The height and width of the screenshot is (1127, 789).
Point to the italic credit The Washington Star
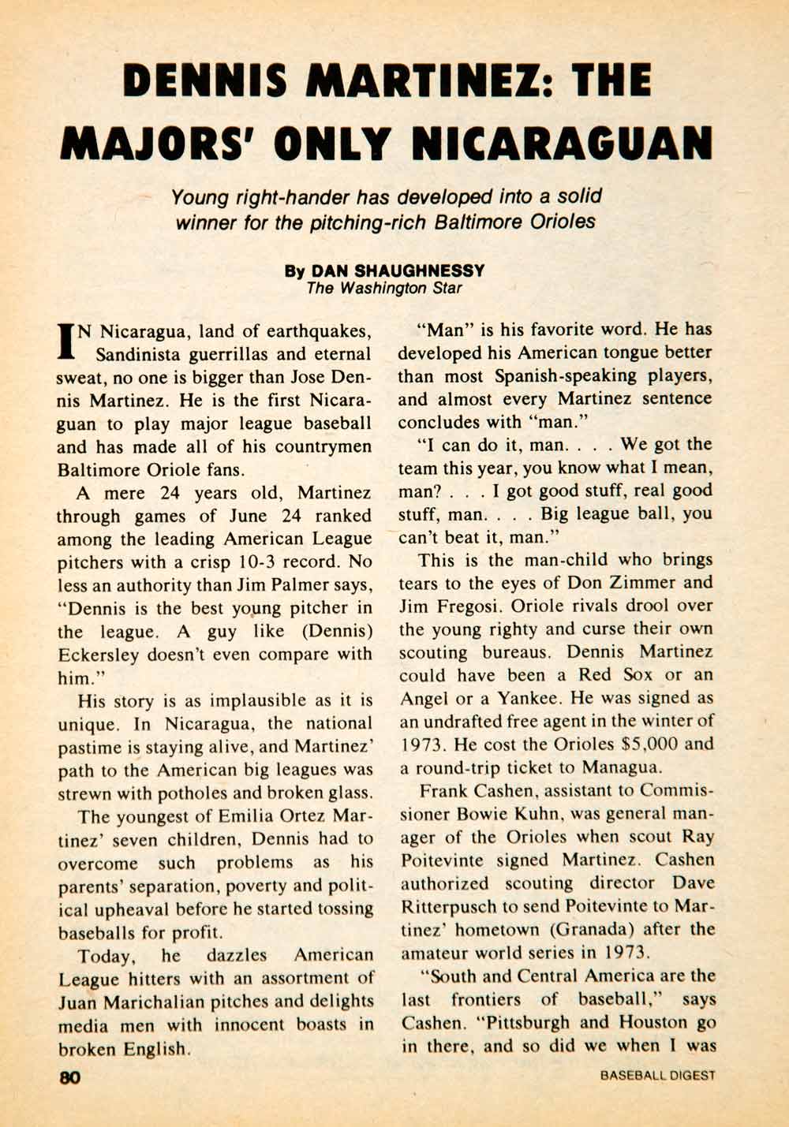pos(384,288)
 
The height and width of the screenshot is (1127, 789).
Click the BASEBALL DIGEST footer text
pos(657,1075)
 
